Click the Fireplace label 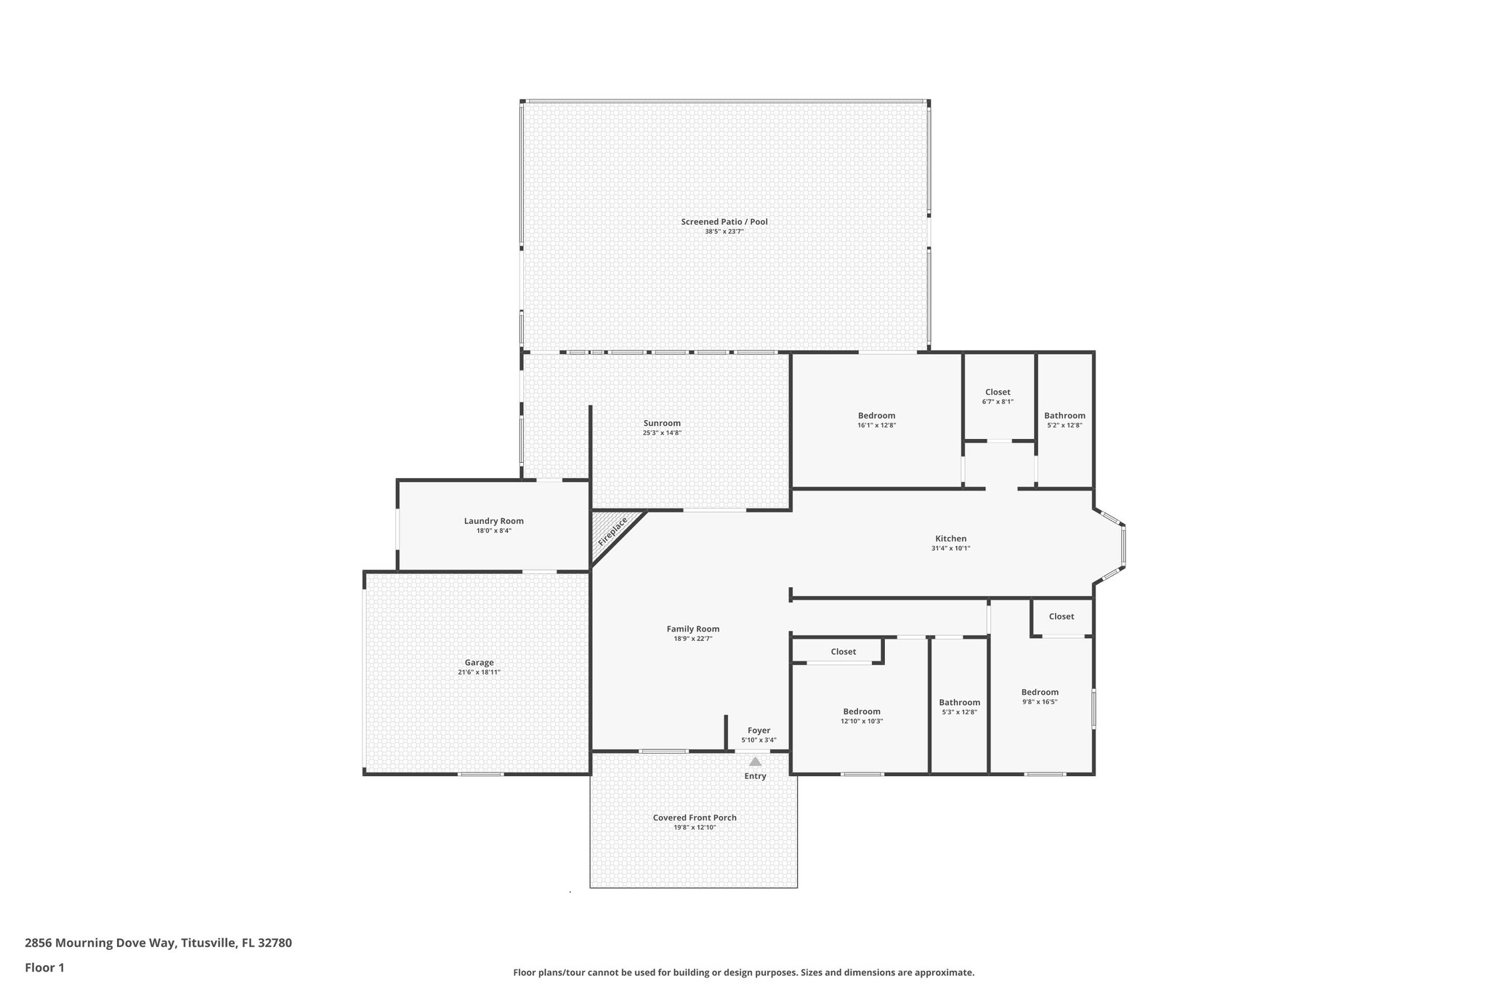[612, 532]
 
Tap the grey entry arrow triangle [756, 762]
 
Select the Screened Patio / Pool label [724, 222]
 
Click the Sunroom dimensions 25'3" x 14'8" [662, 433]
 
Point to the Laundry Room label [493, 521]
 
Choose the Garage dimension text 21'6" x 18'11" [479, 672]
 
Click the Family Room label [693, 629]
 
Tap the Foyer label [759, 730]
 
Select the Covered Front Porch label [695, 818]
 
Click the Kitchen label [950, 539]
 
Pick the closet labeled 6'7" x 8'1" [998, 396]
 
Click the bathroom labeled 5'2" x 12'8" [1064, 420]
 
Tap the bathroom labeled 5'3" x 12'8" [959, 706]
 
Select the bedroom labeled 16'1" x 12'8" [876, 420]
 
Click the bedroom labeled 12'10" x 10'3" [862, 716]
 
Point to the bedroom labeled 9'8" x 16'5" [1040, 696]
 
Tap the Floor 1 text [44, 967]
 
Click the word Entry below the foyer [755, 776]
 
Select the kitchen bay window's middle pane [1123, 546]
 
